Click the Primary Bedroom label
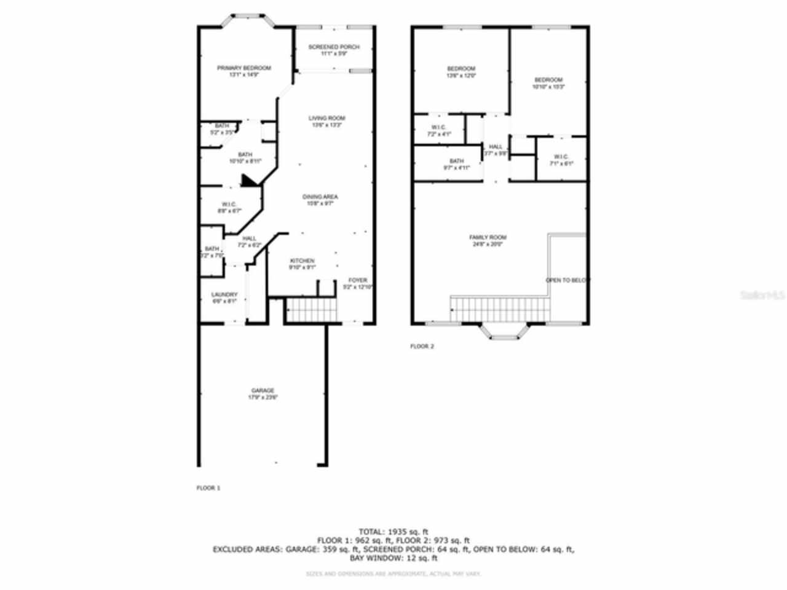[x=243, y=68]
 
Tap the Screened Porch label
[x=334, y=47]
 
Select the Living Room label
[x=326, y=118]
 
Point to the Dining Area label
[x=320, y=197]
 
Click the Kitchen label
[x=302, y=261]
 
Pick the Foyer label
[x=358, y=280]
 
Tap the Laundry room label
[x=224, y=295]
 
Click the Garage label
[x=262, y=391]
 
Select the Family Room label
[x=488, y=237]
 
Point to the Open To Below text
[x=567, y=280]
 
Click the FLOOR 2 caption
[x=422, y=347]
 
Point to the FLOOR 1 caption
[x=208, y=488]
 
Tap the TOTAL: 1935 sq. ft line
[x=393, y=532]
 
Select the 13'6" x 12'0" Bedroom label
[x=461, y=68]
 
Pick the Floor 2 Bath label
[x=456, y=161]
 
